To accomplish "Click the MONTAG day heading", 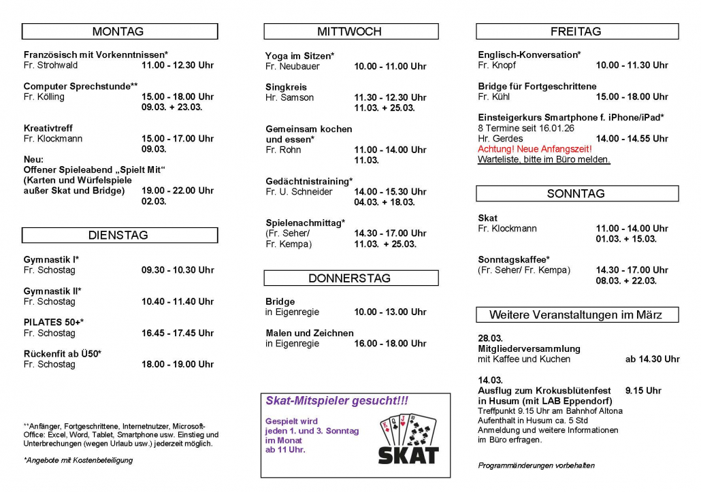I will click(118, 31).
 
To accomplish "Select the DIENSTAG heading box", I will click(118, 235).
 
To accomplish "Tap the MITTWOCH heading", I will click(350, 31).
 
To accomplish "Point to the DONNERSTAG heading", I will click(350, 278).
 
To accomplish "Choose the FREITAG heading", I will click(576, 31).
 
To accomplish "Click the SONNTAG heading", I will click(576, 194).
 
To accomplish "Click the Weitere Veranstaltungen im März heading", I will click(576, 314).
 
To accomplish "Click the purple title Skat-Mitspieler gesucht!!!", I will click(337, 401).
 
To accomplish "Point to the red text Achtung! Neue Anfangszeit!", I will click(535, 149).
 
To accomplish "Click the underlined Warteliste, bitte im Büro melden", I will click(544, 159).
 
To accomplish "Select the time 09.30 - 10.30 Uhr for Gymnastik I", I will click(178, 270).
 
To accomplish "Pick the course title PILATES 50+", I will click(54, 323).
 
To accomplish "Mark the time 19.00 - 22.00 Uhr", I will click(178, 191).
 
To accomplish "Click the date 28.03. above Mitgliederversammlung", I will click(490, 339).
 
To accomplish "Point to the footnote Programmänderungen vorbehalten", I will click(536, 465).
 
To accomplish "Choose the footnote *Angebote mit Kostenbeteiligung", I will click(78, 460).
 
